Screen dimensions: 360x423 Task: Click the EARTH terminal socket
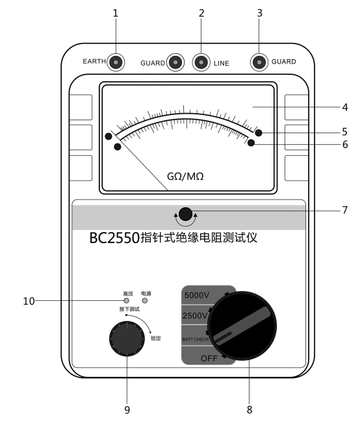coord(116,62)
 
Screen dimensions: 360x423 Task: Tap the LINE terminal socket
coord(201,62)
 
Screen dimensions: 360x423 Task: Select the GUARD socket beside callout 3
coord(259,62)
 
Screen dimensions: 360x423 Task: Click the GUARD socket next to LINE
coord(175,62)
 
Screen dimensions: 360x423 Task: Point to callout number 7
coord(345,210)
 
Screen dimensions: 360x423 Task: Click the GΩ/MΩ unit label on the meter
coord(185,177)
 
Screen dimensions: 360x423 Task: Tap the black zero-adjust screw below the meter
coord(185,214)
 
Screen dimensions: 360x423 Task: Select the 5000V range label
coord(197,295)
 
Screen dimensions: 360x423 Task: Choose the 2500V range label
coord(195,315)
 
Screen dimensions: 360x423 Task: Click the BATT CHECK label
coord(196,339)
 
